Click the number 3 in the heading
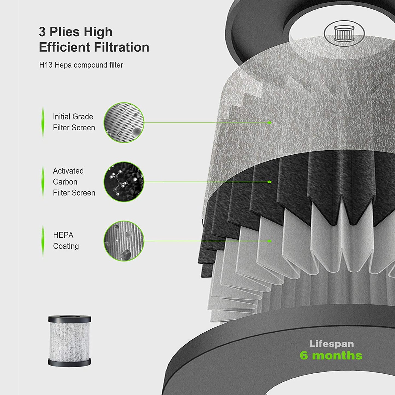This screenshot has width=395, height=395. tap(42, 32)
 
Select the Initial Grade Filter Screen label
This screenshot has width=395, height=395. tap(74, 122)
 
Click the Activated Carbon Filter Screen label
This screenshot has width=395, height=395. tap(74, 182)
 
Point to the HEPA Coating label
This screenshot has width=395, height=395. tap(66, 241)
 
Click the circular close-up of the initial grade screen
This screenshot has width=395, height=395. tap(124, 122)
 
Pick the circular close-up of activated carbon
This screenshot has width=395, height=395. tap(124, 182)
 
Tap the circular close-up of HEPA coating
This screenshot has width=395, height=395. tap(124, 241)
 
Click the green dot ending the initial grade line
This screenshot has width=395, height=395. tap(270, 123)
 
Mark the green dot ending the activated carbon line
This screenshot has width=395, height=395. tap(270, 182)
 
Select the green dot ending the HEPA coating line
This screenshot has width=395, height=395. tap(270, 241)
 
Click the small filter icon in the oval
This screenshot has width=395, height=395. tap(344, 34)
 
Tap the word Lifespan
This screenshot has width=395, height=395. tap(331, 344)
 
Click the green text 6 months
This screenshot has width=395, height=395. tap(331, 356)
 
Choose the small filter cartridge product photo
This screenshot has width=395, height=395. tap(70, 341)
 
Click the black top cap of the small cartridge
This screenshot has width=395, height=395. tap(70, 319)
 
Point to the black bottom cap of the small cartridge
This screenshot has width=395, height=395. tap(70, 363)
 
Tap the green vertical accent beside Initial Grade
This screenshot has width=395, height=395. tap(43, 123)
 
